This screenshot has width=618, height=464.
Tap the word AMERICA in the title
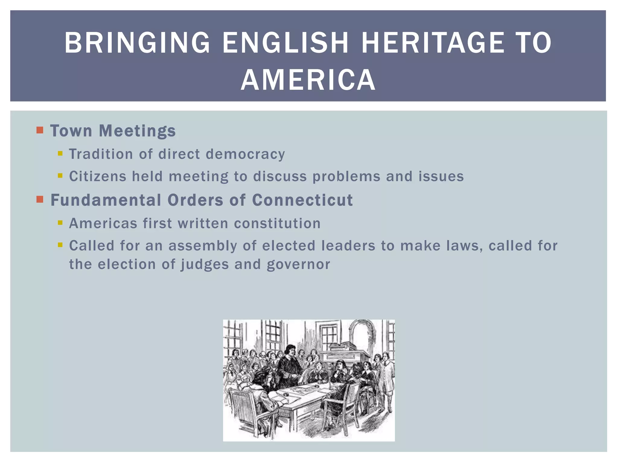tap(308, 80)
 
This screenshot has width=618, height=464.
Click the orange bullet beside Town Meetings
tap(40, 130)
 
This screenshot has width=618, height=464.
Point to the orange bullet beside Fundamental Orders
tap(40, 199)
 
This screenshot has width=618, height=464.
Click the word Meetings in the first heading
tap(137, 131)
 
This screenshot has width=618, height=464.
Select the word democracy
tap(245, 154)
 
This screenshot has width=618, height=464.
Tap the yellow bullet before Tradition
tap(60, 153)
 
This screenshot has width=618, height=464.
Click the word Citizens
tap(97, 176)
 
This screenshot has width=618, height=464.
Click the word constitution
tap(277, 224)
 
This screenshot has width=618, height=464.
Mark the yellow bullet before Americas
tap(60, 223)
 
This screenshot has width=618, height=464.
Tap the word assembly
tap(202, 246)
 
